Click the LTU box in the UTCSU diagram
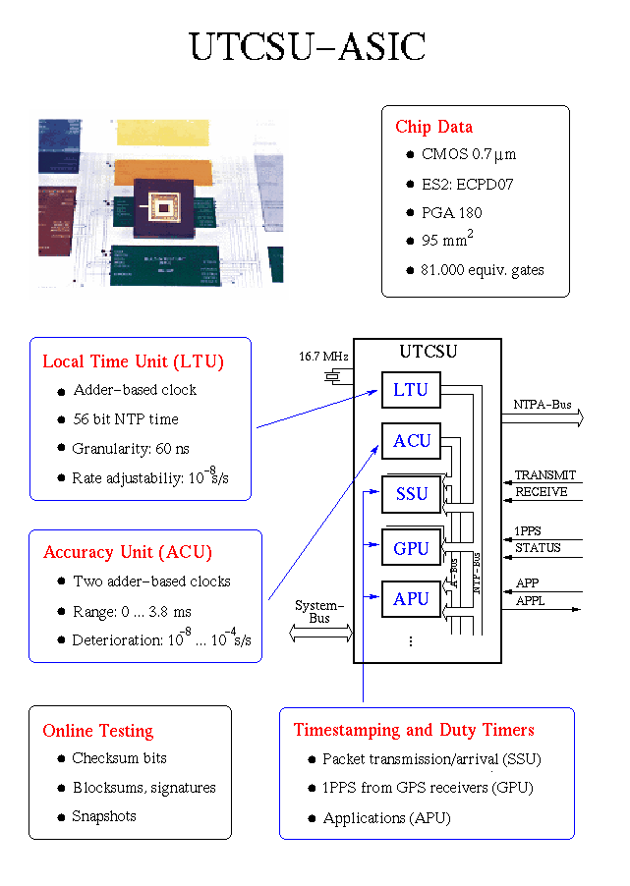pos(411,390)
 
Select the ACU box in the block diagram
pos(412,441)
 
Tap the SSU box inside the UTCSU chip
pos(411,494)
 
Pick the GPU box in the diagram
pos(411,548)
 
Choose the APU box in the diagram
pos(411,599)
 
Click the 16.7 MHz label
pos(323,356)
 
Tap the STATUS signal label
pos(538,547)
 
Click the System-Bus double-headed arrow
pos(320,635)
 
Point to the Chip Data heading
pos(433,127)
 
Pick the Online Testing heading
pos(97,731)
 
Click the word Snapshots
pos(104,816)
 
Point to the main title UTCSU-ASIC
pos(308,47)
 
